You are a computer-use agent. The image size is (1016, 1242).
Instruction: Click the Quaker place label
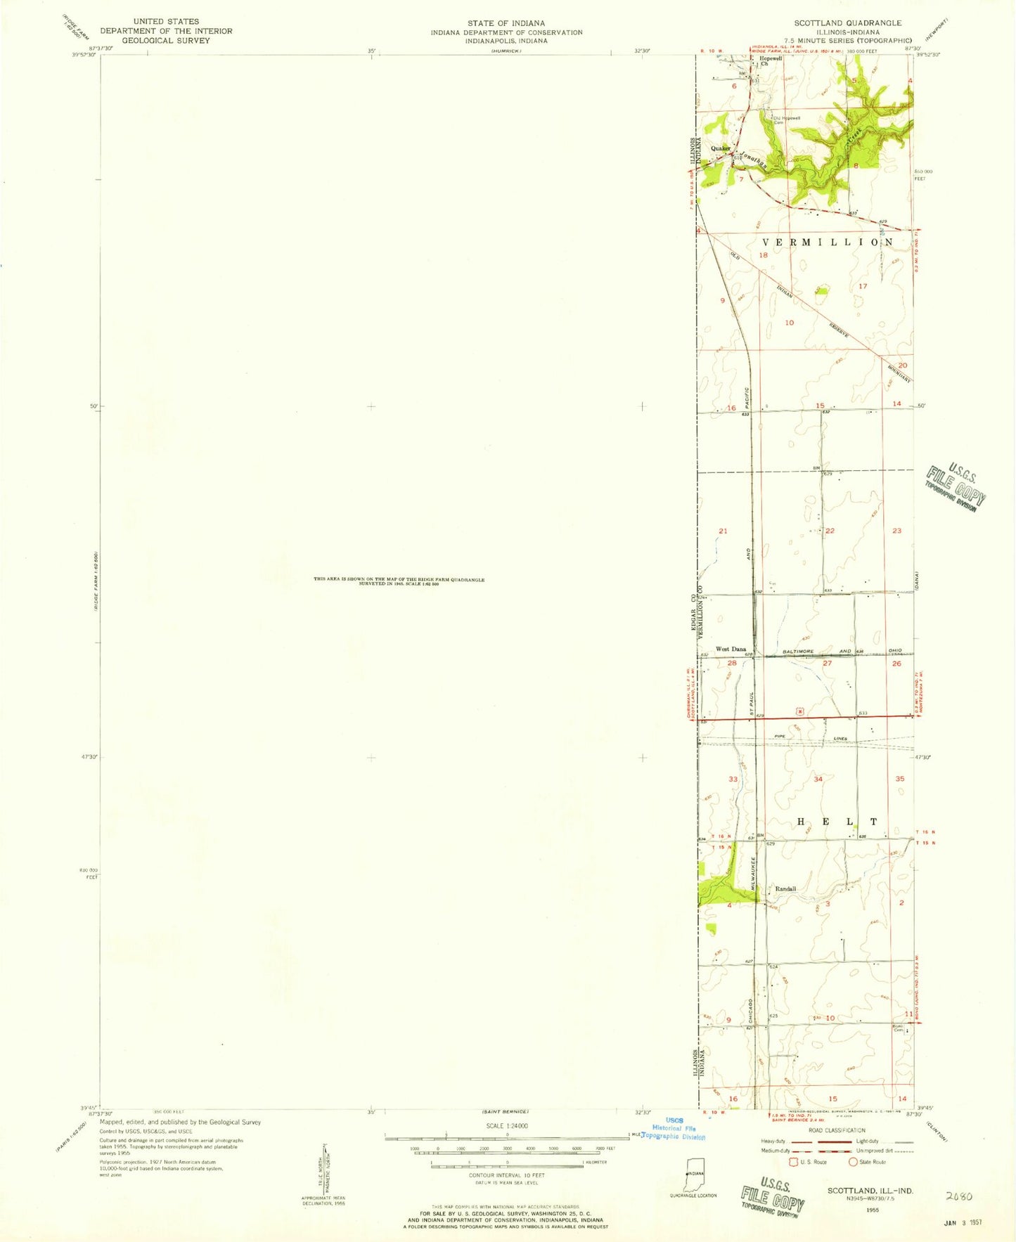[721, 148]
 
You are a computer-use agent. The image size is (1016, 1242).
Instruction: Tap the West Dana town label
[731, 649]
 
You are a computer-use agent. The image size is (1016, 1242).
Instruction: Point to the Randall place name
[785, 889]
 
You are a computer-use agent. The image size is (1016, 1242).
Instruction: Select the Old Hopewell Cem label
[787, 119]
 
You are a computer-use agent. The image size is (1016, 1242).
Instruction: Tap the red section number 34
[818, 779]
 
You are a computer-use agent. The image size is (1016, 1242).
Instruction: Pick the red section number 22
[830, 531]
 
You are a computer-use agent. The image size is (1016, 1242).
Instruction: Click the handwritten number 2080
[959, 1195]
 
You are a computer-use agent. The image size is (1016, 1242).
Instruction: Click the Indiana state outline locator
[695, 1174]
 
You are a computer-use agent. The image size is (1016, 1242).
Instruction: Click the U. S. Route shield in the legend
[795, 1162]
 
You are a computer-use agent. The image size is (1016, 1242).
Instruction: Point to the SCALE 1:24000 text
[506, 1126]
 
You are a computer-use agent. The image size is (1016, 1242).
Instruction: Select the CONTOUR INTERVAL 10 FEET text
[506, 1175]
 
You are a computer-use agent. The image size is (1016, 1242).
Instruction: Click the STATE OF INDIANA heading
[506, 23]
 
